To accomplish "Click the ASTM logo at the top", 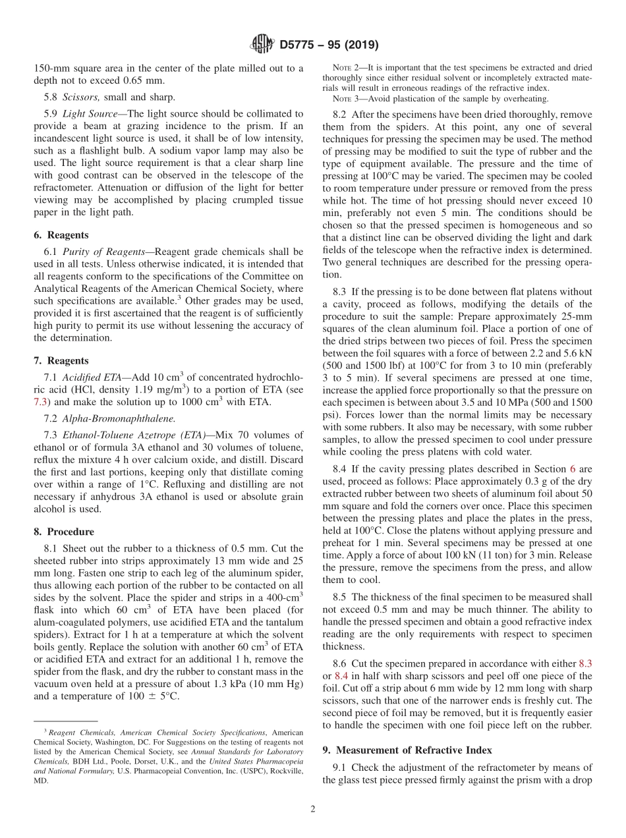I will tap(263, 45).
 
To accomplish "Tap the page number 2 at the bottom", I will tap(313, 810).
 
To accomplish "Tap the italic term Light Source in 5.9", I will tap(92, 113).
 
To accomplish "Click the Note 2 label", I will tap(345, 67).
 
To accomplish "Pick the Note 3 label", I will tap(345, 99).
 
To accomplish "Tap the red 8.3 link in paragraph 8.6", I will tap(584, 664).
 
